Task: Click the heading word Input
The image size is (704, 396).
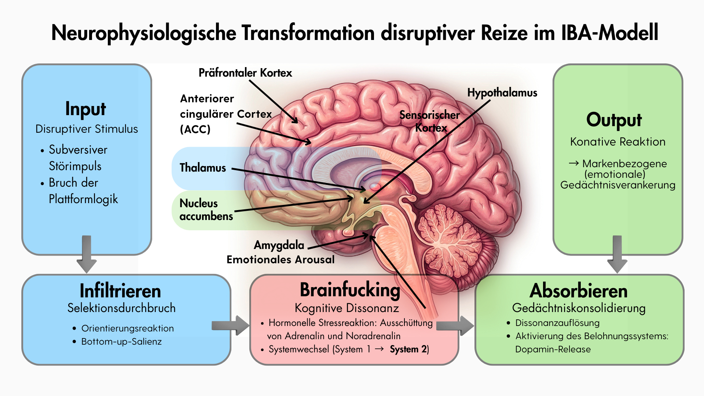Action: (85, 109)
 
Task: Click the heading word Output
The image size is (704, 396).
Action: (614, 120)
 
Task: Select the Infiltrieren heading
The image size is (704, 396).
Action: (120, 291)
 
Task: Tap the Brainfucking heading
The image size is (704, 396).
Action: (350, 290)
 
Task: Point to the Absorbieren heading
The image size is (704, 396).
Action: (579, 291)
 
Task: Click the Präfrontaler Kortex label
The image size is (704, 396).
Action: (245, 73)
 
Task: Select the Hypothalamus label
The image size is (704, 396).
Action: (502, 93)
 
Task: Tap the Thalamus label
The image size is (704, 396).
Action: (203, 168)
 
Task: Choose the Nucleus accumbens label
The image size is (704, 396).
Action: (206, 210)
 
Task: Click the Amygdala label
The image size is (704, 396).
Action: (279, 245)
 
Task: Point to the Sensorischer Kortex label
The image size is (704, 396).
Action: (430, 121)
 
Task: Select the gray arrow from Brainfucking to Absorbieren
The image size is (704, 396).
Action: (455, 325)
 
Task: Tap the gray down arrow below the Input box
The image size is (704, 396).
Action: (87, 255)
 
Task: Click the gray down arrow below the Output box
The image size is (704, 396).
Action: (617, 255)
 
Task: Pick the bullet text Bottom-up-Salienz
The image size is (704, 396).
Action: (121, 342)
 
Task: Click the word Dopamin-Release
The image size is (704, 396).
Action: (553, 349)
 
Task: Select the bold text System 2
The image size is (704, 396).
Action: (408, 349)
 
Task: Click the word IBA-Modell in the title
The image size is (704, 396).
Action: (609, 33)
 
